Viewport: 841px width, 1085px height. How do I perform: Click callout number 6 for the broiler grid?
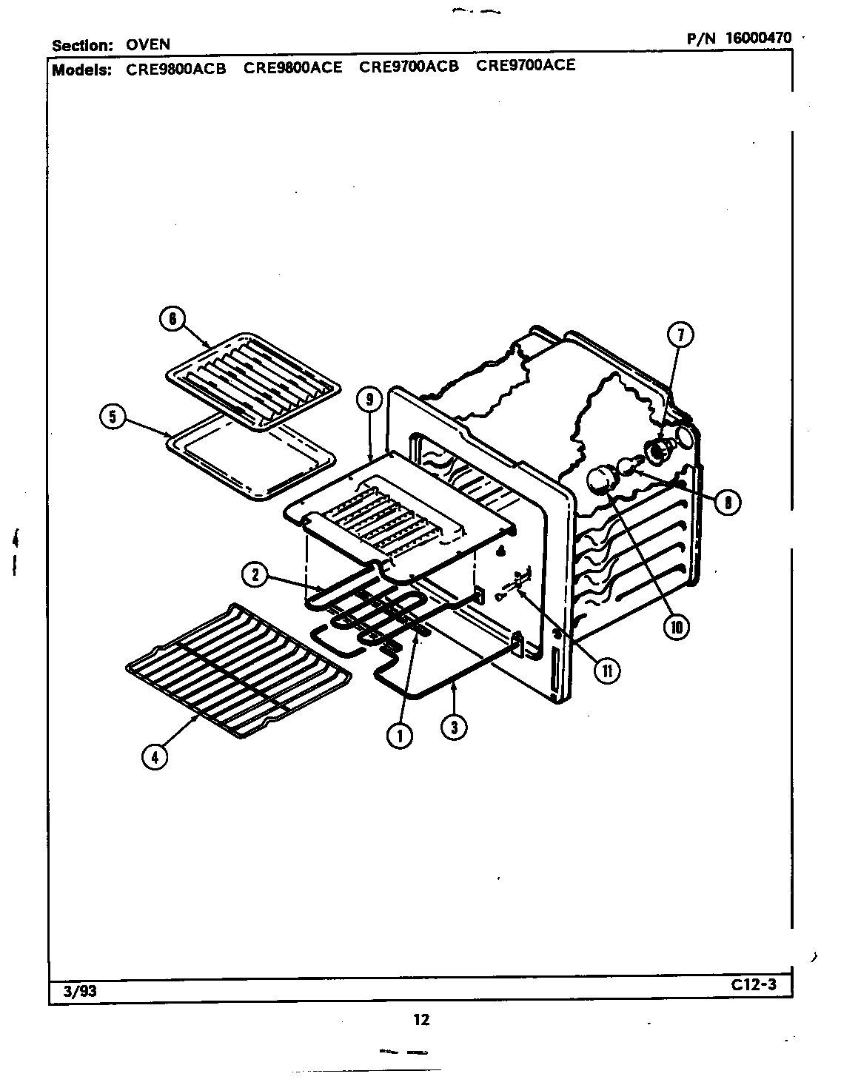click(x=172, y=320)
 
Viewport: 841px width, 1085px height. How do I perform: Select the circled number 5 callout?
click(x=113, y=417)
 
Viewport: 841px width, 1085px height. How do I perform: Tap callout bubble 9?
click(x=369, y=400)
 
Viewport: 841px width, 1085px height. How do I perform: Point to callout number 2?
click(x=255, y=574)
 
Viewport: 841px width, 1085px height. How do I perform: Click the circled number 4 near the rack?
click(x=154, y=756)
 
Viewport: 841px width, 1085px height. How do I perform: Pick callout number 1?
click(x=400, y=735)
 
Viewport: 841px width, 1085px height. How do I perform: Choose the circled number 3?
click(x=453, y=727)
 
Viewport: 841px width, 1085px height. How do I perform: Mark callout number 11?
click(x=606, y=670)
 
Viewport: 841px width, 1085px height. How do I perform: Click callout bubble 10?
click(x=675, y=628)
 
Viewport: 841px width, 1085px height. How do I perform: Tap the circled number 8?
click(x=728, y=503)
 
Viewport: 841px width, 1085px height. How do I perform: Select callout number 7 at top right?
click(x=680, y=335)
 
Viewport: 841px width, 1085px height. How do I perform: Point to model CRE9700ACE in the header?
click(x=525, y=65)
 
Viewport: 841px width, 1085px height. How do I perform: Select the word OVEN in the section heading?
click(x=148, y=45)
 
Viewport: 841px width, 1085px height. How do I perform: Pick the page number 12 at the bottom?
click(x=420, y=1020)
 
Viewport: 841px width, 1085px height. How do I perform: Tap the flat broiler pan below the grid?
click(x=250, y=458)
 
